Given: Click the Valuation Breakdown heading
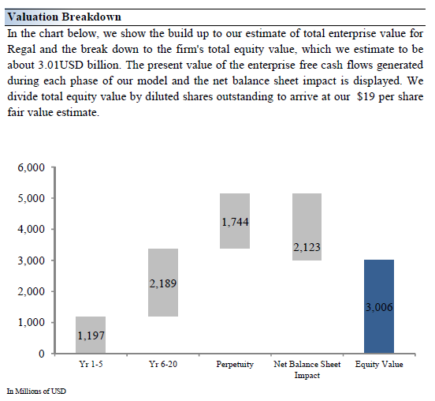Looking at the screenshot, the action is coord(65,17).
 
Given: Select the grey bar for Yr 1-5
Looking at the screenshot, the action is coord(91,335).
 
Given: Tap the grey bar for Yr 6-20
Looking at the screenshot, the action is coord(163,283).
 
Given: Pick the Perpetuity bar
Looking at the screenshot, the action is coord(235,221).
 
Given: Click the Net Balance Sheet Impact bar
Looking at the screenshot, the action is coord(307,227).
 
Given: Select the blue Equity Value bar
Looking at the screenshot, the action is coord(379,306).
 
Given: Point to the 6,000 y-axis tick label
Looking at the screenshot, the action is coord(31,167).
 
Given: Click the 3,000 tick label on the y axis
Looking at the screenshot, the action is coord(31,260).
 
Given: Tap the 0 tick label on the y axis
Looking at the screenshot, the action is coord(41,354).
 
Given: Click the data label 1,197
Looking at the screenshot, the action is coord(91,335).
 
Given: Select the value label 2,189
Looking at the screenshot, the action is coord(163,283).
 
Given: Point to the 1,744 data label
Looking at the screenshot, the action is coord(236,222).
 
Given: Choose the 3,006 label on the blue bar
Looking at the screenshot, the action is coord(379,307).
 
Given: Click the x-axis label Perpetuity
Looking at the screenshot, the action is coord(235,365).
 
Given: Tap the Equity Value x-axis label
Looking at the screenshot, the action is coord(379,365).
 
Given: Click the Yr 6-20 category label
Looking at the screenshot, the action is coord(163,364).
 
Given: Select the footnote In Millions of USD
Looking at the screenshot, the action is coord(36,392).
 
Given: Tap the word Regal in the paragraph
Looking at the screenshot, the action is coord(21,50).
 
